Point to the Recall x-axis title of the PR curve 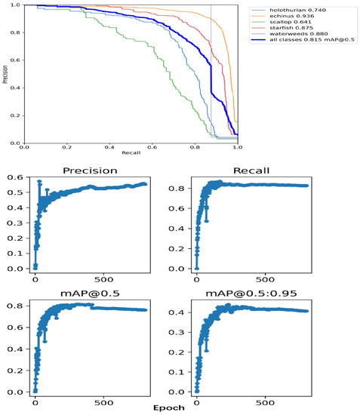point(131,154)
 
